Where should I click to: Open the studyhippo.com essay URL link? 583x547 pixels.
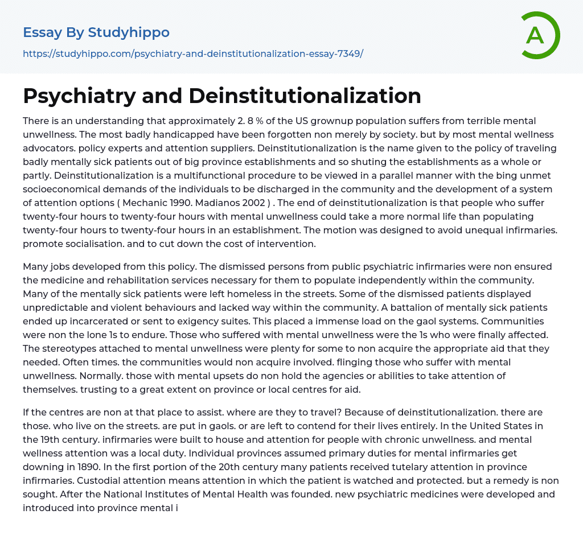click(x=193, y=54)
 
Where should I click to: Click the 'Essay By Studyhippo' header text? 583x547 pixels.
click(x=96, y=32)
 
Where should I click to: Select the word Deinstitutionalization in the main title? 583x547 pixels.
click(x=305, y=96)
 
